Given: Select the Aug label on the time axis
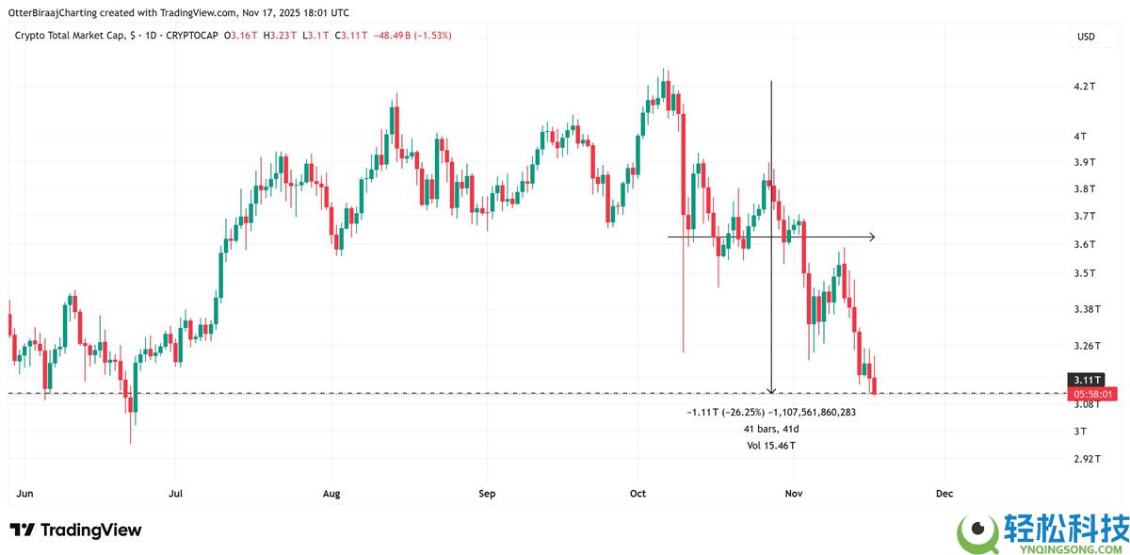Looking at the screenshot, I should tap(331, 493).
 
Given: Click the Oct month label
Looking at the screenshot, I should tap(638, 493).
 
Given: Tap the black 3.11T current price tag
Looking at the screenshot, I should tap(1090, 380).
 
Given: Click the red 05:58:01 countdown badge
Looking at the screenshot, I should tap(1090, 393).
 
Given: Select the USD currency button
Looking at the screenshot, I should tap(1086, 37).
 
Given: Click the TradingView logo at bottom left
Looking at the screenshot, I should tap(75, 531).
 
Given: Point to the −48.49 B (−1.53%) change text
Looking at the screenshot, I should tap(413, 36).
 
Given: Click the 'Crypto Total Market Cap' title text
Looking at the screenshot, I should tap(70, 36).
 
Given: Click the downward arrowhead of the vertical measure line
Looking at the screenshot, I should tap(771, 390).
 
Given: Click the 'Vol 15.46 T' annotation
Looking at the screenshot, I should tap(771, 445).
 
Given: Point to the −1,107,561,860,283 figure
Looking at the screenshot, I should tap(812, 412).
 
